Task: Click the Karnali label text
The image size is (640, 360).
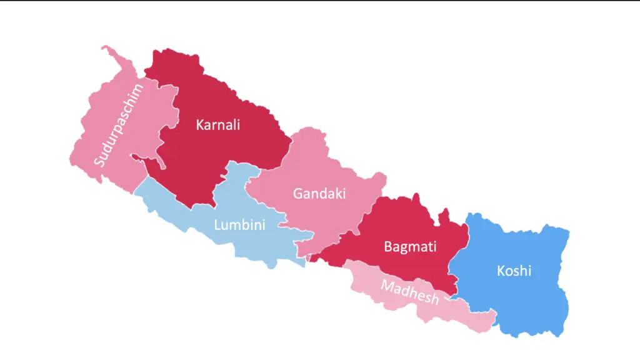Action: [x=217, y=124]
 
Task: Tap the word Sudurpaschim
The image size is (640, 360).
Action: [x=119, y=125]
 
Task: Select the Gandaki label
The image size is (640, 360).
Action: [x=319, y=193]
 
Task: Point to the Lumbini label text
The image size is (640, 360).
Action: [x=239, y=225]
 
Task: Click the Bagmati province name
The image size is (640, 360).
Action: [x=410, y=246]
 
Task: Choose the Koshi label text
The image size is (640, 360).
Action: [x=514, y=271]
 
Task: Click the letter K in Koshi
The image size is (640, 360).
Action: [x=501, y=271]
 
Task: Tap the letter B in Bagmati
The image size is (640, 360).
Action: [x=388, y=246]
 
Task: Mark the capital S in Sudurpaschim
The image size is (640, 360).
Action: [x=99, y=162]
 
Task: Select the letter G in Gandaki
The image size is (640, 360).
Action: [x=297, y=193]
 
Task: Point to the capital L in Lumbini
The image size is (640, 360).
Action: [x=217, y=225]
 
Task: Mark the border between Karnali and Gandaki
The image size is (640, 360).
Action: [x=284, y=150]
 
